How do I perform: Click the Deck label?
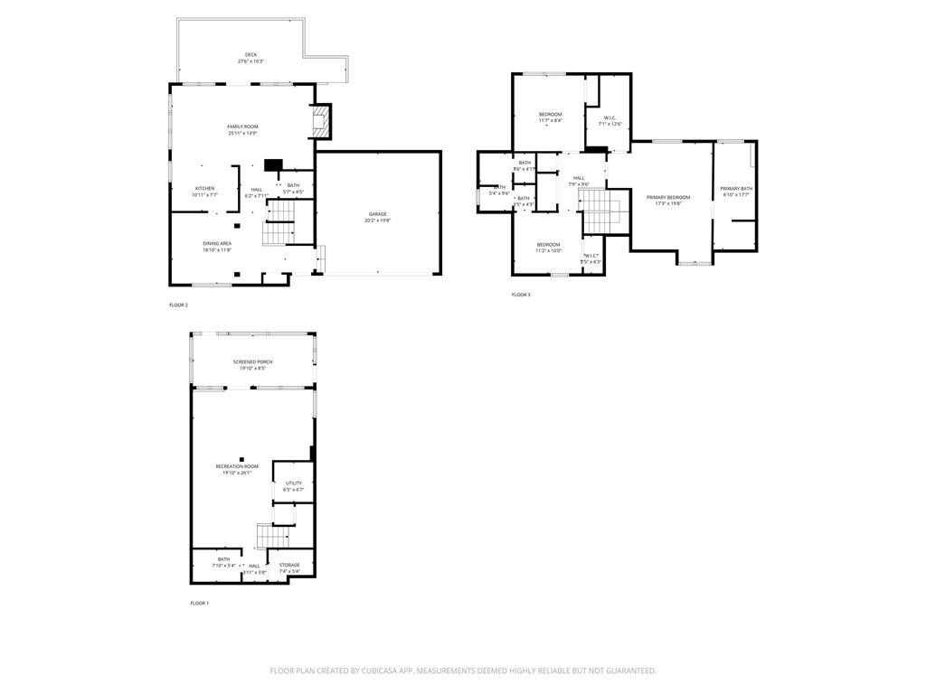pyautogui.click(x=250, y=54)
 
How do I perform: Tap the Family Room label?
pyautogui.click(x=242, y=127)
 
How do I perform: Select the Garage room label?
pyautogui.click(x=377, y=214)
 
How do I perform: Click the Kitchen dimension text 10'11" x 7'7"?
pyautogui.click(x=204, y=195)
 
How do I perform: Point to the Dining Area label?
pyautogui.click(x=217, y=243)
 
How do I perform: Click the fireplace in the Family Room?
pyautogui.click(x=320, y=122)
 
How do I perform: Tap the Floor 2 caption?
pyautogui.click(x=178, y=305)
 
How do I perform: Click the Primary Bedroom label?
pyautogui.click(x=667, y=197)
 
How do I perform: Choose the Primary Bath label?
pyautogui.click(x=736, y=188)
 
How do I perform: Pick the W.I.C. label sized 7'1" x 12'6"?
pyautogui.click(x=609, y=117)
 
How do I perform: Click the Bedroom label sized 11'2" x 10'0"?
pyautogui.click(x=548, y=244)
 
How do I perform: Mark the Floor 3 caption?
pyautogui.click(x=521, y=295)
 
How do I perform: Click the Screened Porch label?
pyautogui.click(x=252, y=361)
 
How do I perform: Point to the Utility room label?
pyautogui.click(x=294, y=483)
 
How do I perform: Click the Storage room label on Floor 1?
pyautogui.click(x=289, y=565)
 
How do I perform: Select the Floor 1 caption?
pyautogui.click(x=199, y=603)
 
